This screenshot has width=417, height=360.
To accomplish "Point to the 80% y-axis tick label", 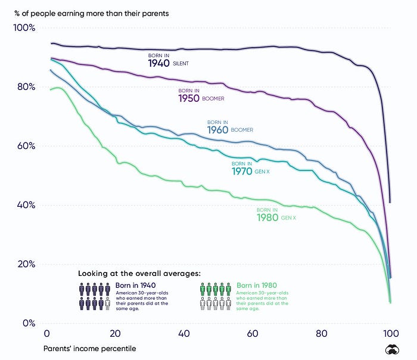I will pos(26,87).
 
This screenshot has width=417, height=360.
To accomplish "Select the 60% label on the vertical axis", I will pos(26,146).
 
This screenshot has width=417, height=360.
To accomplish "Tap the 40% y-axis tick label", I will pos(26,205).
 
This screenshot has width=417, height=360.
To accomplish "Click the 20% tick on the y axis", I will pos(26,264).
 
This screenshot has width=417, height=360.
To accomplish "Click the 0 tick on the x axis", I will pos(47,334).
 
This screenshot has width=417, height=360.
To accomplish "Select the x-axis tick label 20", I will pos(115,334).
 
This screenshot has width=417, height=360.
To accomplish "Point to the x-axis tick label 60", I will pos(253,334).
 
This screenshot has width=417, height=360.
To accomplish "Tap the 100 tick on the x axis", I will pos(390,334).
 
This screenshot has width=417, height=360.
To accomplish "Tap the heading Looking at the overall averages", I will pos(139,273).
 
